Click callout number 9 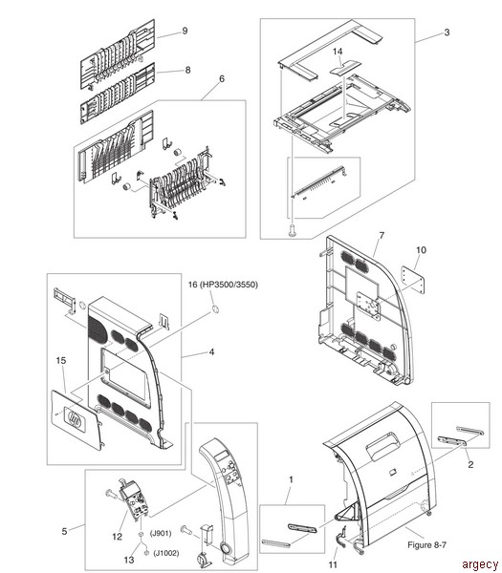pos(185,31)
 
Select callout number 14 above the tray pos(338,52)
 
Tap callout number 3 pos(447,32)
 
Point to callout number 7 pos(382,236)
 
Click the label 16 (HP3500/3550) pos(223,285)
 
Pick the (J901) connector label pos(161,534)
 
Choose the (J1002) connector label pos(166,553)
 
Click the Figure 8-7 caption pos(427,545)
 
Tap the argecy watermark pos(480,564)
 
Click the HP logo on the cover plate pos(75,417)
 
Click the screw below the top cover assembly pos(292,230)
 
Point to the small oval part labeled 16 pos(215,309)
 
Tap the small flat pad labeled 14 pos(345,68)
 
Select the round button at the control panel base pos(226,547)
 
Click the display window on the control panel pos(222,456)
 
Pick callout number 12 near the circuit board pos(117,537)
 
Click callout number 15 pos(61,361)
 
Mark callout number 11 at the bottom pos(333,565)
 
